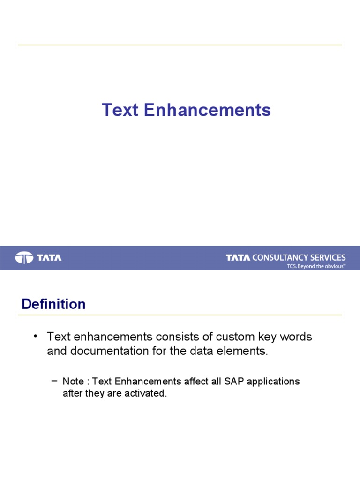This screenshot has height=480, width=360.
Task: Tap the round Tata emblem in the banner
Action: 24,257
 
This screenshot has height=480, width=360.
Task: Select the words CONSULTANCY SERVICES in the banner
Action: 299,257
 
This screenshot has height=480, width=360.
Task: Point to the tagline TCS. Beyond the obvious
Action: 316,266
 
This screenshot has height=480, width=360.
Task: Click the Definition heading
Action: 53,304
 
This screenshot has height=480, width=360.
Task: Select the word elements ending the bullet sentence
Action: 247,352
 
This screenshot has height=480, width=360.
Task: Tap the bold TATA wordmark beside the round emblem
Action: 49,257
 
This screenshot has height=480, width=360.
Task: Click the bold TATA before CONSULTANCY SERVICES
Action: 238,257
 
